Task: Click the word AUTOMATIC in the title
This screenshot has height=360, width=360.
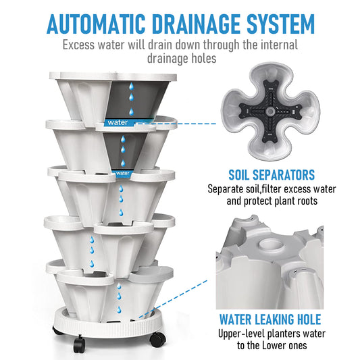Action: coord(96,24)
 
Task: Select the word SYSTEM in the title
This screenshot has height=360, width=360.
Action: coord(280,24)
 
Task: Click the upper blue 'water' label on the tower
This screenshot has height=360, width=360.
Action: coord(118,122)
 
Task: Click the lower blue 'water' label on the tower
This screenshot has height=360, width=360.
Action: coord(122,174)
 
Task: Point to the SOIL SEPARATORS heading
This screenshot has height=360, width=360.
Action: coord(272,175)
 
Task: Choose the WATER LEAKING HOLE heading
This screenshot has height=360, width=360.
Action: coord(270,319)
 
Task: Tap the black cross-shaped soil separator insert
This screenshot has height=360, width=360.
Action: coord(270,111)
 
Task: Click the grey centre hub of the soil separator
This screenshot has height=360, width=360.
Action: coord(270,111)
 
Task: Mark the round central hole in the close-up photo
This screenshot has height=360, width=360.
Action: coord(271,244)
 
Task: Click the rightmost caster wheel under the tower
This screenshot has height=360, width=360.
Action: coord(158,339)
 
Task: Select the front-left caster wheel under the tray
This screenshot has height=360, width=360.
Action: coord(80,344)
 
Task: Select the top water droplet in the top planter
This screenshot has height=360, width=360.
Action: coord(131,86)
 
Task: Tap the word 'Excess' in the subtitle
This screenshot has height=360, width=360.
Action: coord(78,45)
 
